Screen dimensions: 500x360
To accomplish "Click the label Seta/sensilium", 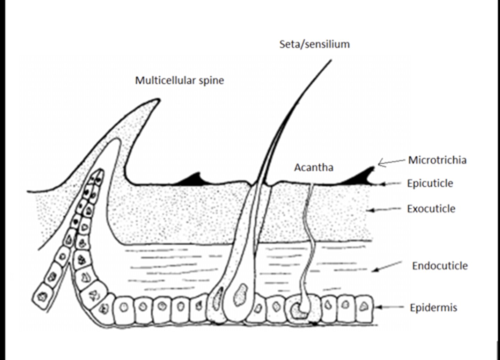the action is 314,44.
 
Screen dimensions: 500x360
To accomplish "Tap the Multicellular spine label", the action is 179,80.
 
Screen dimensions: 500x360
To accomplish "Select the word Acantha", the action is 314,167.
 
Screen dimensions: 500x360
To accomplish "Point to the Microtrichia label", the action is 437,160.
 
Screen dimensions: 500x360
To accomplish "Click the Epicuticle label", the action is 430,183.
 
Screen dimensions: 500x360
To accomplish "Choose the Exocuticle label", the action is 431,208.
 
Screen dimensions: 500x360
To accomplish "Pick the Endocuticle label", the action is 440,266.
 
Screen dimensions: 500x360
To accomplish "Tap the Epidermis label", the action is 433,308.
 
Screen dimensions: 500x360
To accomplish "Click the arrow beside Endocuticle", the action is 387,267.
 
